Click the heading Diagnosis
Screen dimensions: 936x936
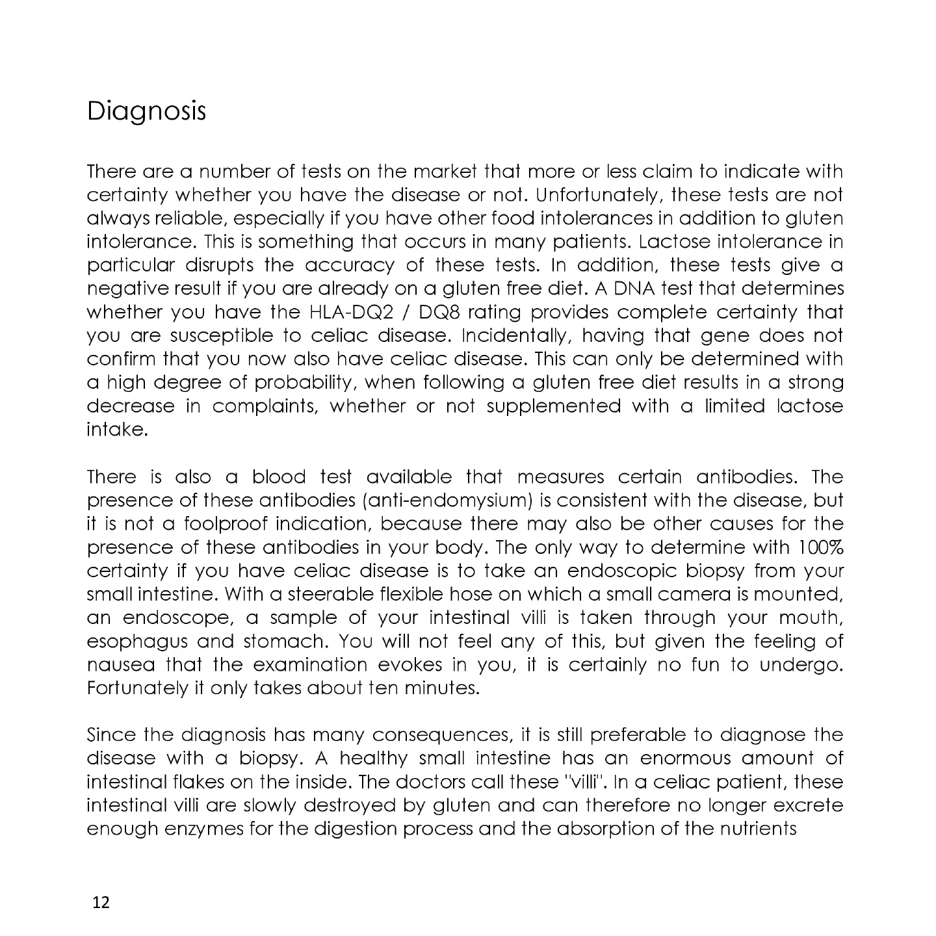(146, 111)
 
